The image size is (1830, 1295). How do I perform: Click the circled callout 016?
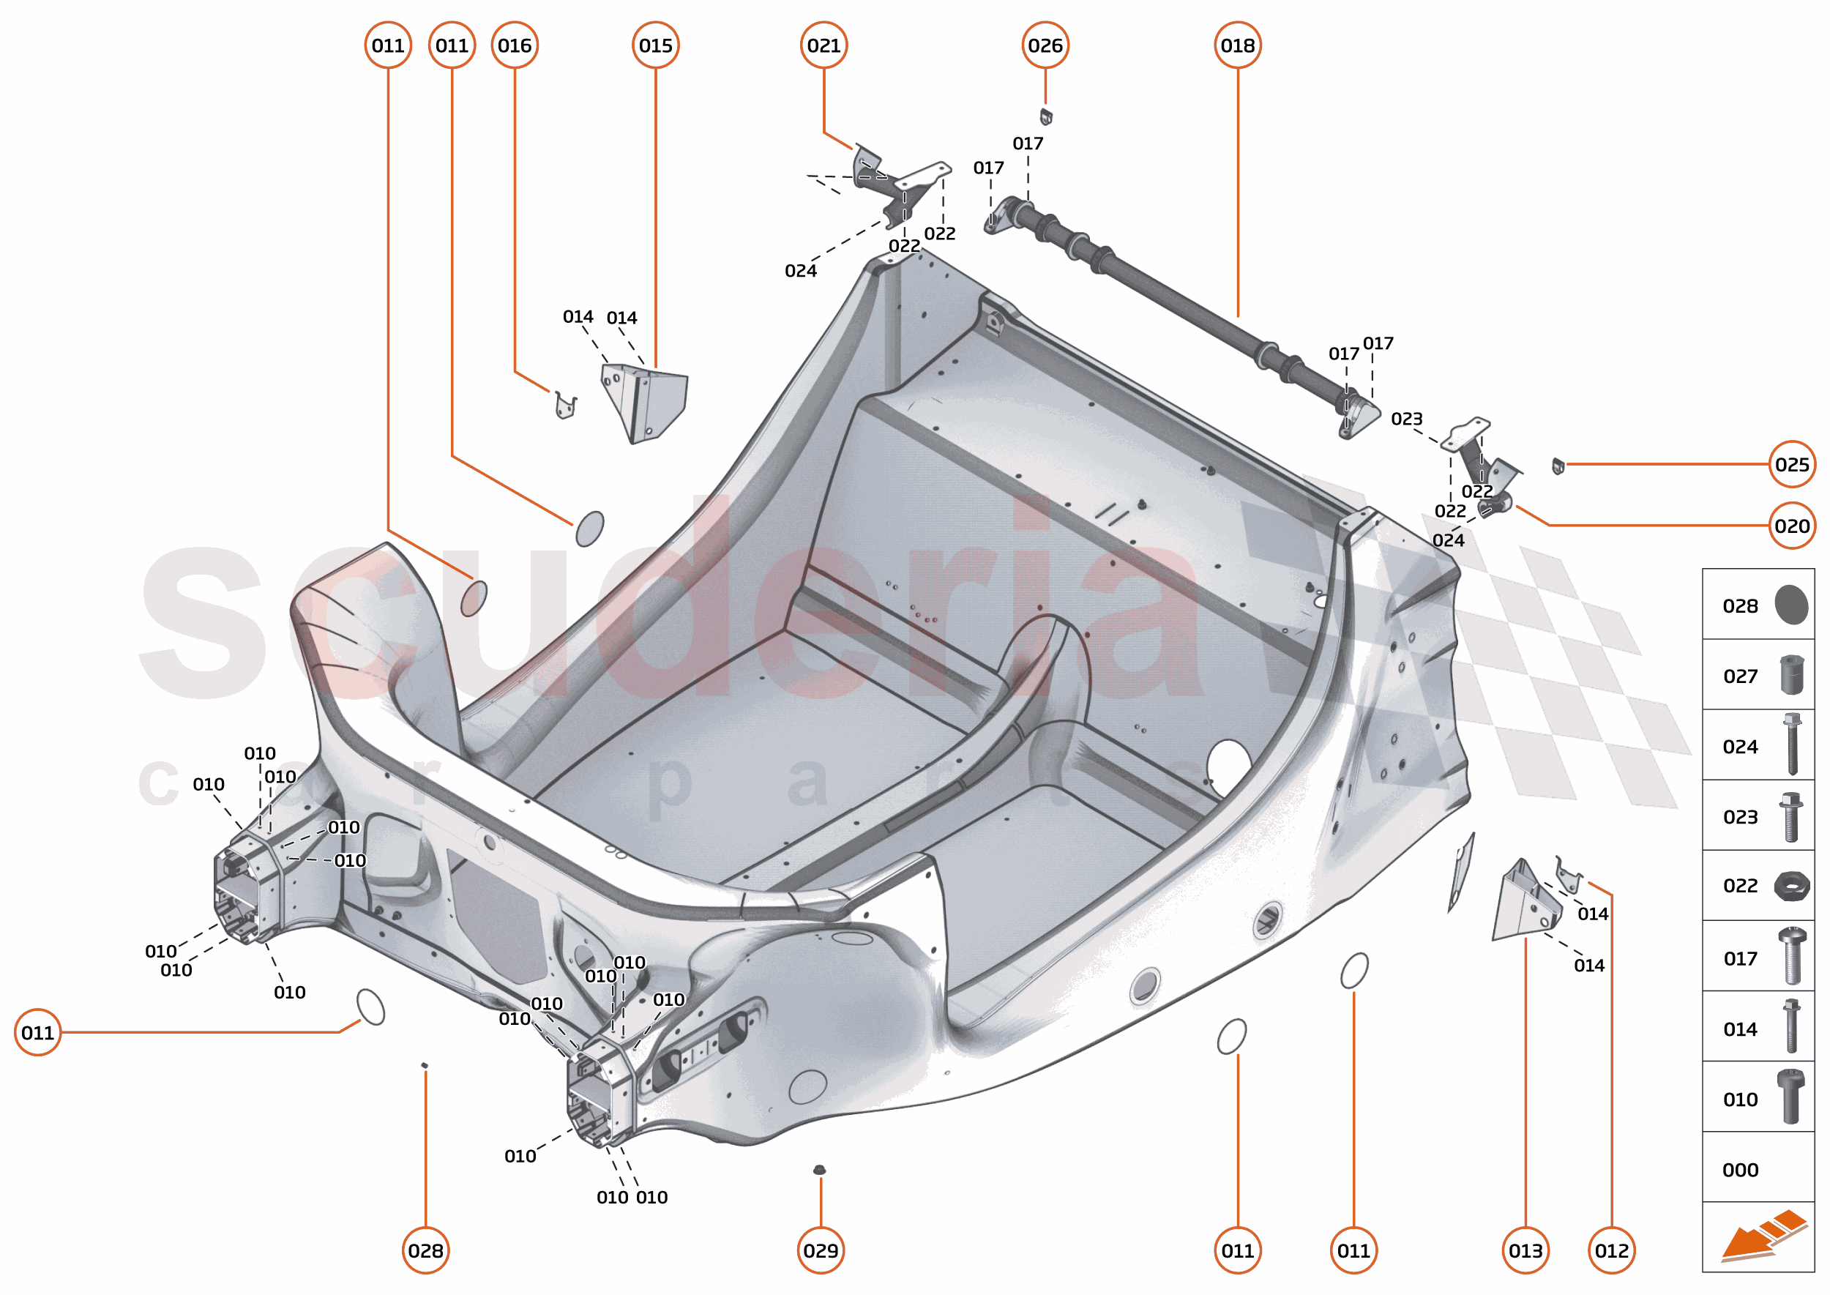[515, 45]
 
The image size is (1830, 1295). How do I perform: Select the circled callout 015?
[655, 45]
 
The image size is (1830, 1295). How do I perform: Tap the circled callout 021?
[823, 45]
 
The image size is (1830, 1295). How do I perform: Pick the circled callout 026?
[1045, 45]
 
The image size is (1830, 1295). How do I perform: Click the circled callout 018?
[1238, 45]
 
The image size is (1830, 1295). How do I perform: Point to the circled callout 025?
[1792, 464]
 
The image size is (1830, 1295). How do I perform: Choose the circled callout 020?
[1792, 526]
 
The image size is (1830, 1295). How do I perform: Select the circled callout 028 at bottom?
[425, 1250]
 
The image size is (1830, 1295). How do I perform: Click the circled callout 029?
[821, 1250]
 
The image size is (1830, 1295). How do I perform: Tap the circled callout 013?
[1525, 1250]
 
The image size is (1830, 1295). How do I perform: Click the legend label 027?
[1740, 676]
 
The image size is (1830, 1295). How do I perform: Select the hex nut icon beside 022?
[1791, 886]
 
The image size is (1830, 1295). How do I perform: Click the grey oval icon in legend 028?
[1791, 605]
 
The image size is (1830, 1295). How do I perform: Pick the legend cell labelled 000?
[1758, 1170]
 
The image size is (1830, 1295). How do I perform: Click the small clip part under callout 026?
[1046, 116]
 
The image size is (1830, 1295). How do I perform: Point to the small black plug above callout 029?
[819, 1170]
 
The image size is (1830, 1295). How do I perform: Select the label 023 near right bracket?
[1407, 419]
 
